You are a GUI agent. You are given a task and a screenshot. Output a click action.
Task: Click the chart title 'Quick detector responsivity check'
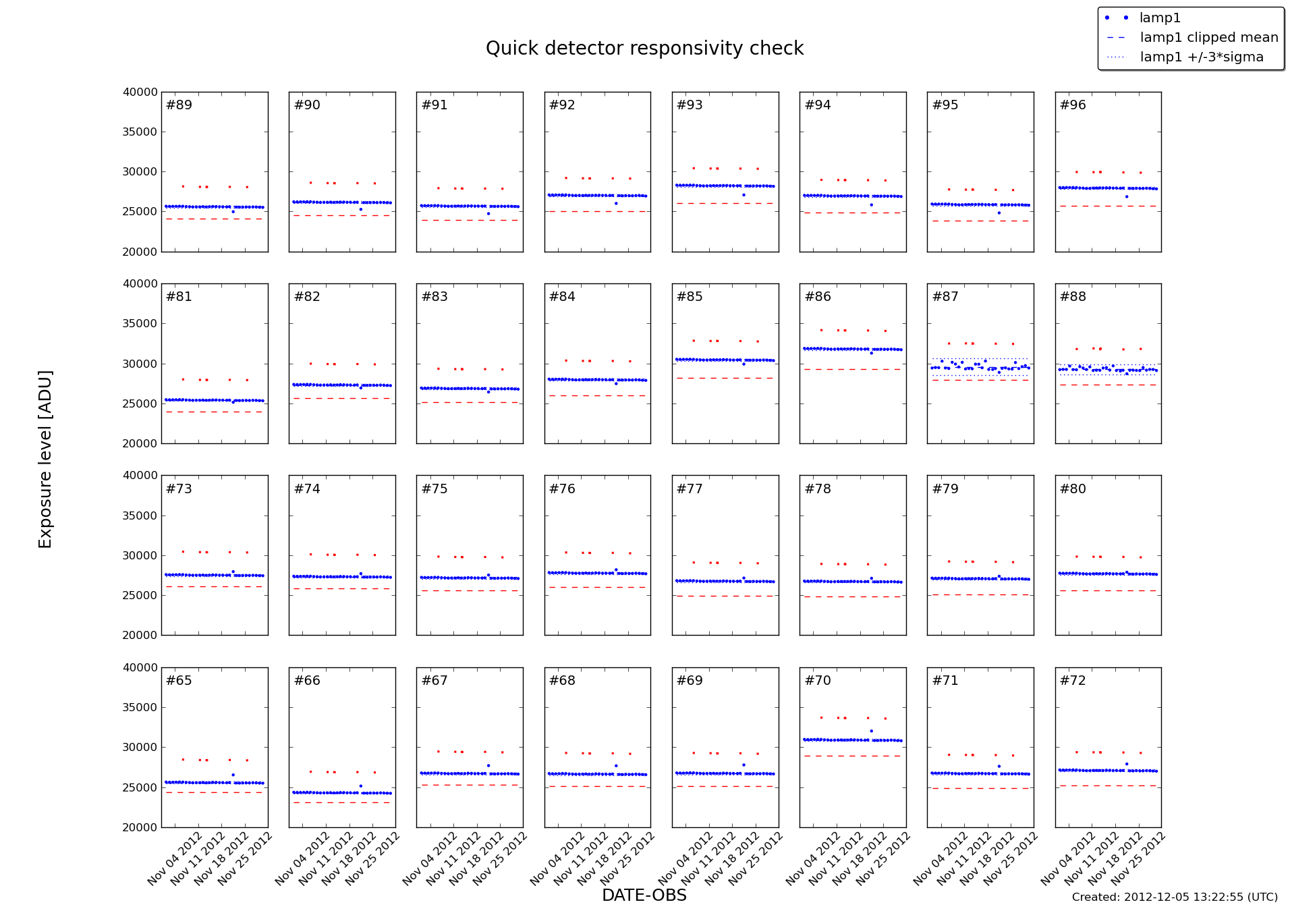click(x=644, y=49)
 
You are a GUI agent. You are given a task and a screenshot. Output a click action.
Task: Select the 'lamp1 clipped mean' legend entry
click(x=1208, y=38)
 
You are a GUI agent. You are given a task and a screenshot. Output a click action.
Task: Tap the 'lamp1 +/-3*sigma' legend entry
click(x=1201, y=57)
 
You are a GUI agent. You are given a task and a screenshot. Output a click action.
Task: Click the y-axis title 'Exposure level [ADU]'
click(x=45, y=459)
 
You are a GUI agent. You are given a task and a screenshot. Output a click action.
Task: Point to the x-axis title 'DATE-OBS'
click(x=644, y=895)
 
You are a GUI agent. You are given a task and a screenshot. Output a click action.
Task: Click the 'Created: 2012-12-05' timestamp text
click(x=1174, y=897)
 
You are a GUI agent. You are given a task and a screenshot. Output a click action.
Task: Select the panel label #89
click(x=179, y=105)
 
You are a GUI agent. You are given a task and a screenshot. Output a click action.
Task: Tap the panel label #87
click(x=945, y=297)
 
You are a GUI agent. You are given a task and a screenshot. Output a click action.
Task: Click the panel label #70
click(x=818, y=681)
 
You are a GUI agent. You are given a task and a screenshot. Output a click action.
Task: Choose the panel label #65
click(x=179, y=681)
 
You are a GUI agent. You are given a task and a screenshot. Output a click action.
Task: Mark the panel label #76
click(x=562, y=489)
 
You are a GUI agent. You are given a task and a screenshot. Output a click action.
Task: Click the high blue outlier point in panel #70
click(x=871, y=731)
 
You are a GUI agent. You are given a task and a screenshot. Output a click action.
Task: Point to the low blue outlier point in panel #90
click(x=361, y=209)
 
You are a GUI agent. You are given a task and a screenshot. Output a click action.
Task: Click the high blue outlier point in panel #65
click(x=233, y=775)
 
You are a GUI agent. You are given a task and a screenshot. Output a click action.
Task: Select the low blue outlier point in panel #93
click(x=744, y=195)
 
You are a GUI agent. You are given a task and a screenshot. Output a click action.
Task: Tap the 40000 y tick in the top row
click(x=140, y=92)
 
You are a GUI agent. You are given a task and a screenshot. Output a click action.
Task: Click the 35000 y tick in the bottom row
click(x=140, y=708)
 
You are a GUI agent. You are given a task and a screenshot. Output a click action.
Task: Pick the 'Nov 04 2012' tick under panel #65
click(x=175, y=858)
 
